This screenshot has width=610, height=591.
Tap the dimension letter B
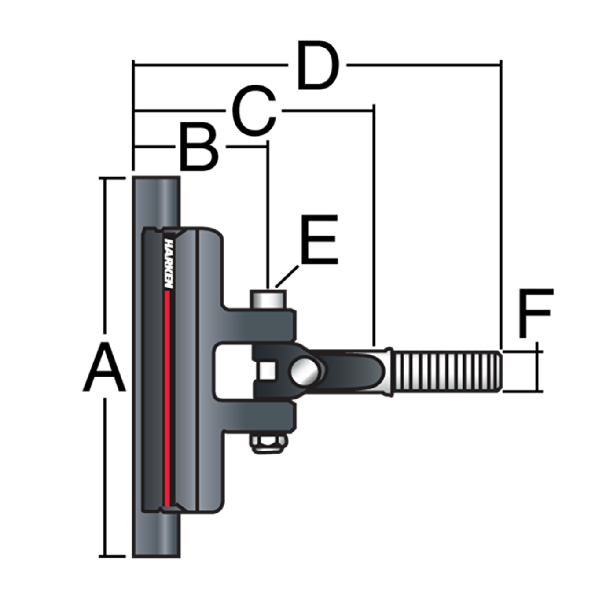(199, 148)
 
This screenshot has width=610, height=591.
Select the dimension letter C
(254, 111)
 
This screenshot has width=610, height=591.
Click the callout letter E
(319, 240)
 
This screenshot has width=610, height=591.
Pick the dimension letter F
(535, 314)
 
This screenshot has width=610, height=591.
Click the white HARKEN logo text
(168, 263)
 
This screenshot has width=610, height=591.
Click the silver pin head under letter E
(268, 299)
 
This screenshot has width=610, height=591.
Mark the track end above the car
(157, 200)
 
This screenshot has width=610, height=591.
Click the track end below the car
(157, 535)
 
